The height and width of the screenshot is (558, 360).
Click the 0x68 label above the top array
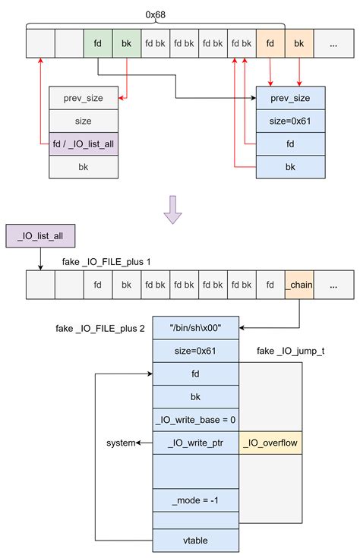pyautogui.click(x=157, y=14)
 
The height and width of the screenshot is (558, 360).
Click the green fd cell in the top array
pyautogui.click(x=98, y=44)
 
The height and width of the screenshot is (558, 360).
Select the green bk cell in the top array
pyautogui.click(x=127, y=44)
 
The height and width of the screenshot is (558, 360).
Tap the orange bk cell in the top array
pyautogui.click(x=298, y=44)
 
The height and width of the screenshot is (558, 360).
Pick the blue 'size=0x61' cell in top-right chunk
pyautogui.click(x=291, y=121)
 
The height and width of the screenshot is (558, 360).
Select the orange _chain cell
pyautogui.click(x=298, y=285)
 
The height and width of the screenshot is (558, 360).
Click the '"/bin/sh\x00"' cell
pyautogui.click(x=196, y=329)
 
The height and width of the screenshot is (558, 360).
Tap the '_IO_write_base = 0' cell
pyautogui.click(x=196, y=419)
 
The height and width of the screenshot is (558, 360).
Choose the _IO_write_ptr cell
pyautogui.click(x=196, y=443)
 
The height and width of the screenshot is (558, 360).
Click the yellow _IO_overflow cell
pyautogui.click(x=270, y=443)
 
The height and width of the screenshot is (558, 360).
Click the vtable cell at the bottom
pyautogui.click(x=196, y=541)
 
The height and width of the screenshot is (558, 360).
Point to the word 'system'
pyautogui.click(x=122, y=443)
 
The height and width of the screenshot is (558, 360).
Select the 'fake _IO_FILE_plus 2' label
pyautogui.click(x=99, y=329)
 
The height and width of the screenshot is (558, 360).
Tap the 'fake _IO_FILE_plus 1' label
pyautogui.click(x=106, y=262)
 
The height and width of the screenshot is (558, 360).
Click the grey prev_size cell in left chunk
pyautogui.click(x=83, y=98)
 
